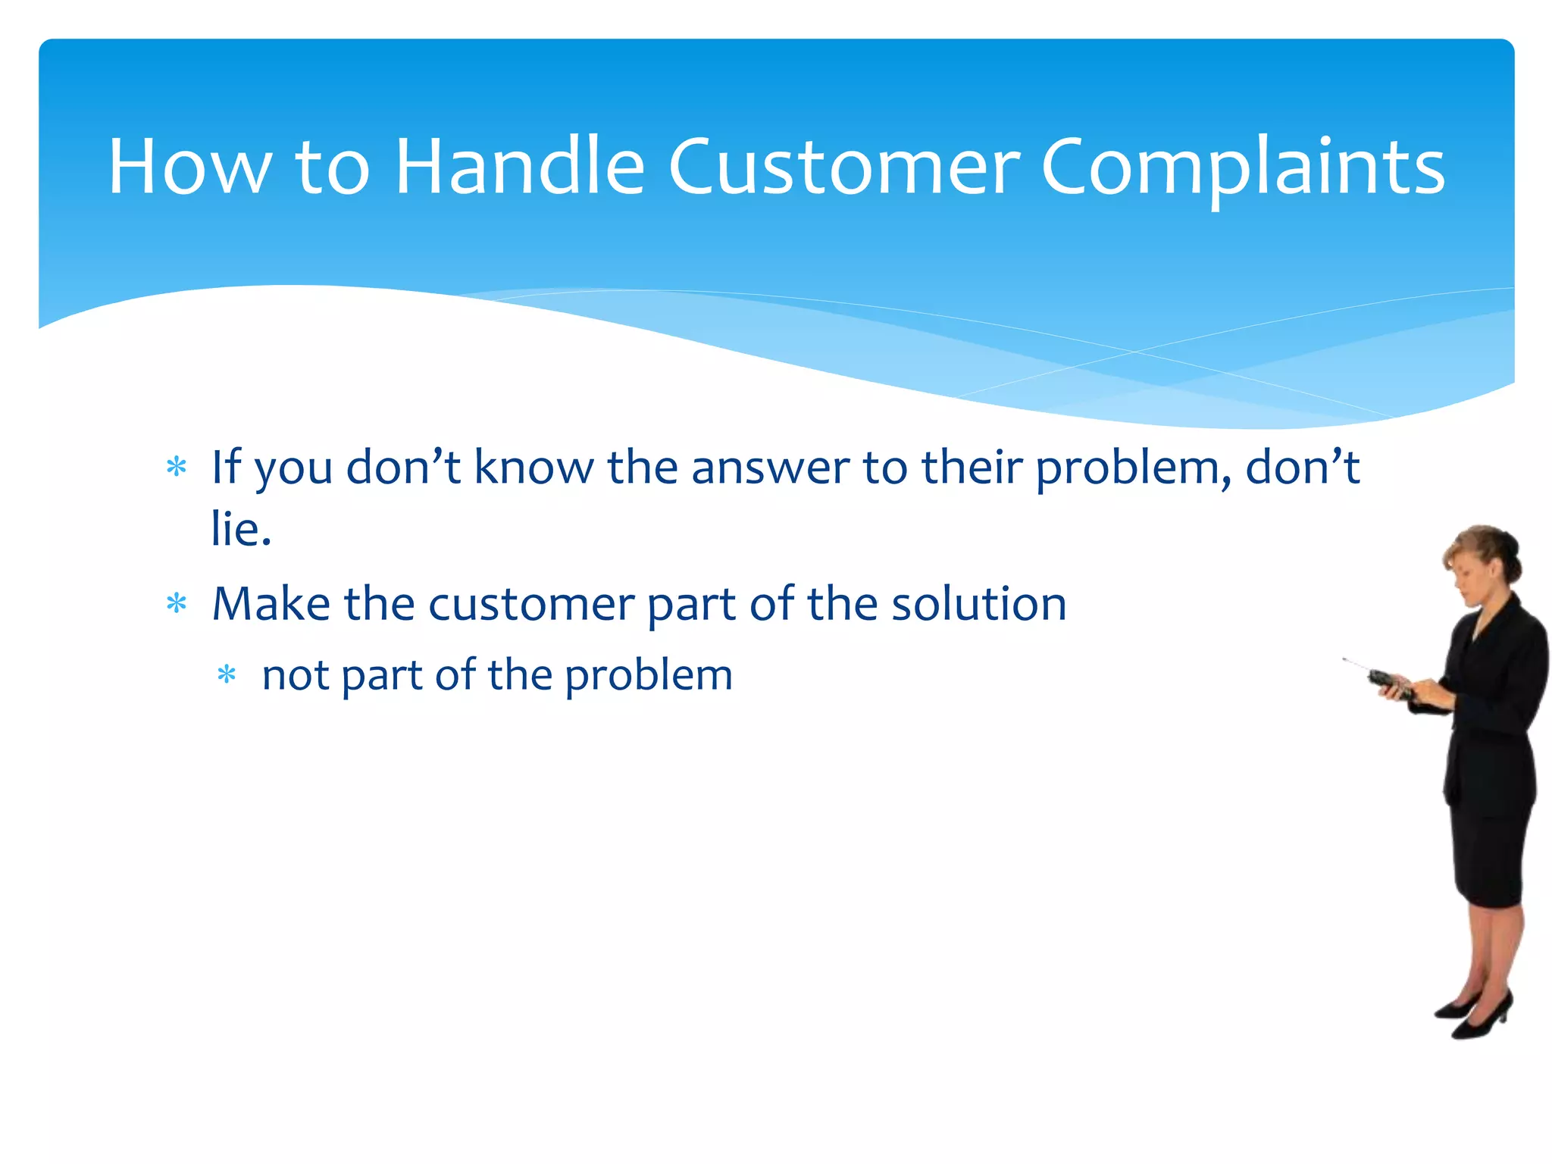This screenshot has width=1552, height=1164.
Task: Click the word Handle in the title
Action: pos(519,166)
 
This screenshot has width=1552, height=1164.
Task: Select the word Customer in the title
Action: pos(843,166)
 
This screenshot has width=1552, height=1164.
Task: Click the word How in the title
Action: pos(189,166)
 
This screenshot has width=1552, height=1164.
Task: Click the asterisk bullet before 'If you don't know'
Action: pos(177,467)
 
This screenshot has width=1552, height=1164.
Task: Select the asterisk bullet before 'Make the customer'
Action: pos(177,604)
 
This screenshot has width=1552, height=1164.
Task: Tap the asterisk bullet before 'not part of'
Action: pos(227,674)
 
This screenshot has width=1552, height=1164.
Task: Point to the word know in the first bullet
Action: pos(533,467)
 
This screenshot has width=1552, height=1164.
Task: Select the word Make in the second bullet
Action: pos(271,604)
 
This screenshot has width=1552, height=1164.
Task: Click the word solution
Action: pos(978,604)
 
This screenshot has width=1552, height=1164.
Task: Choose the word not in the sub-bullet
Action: pos(295,675)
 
